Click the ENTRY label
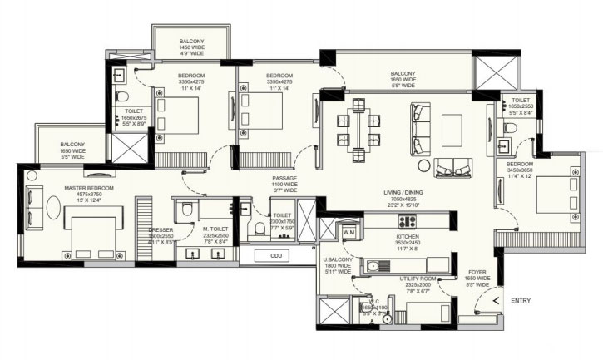pyautogui.click(x=521, y=300)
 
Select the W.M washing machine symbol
pyautogui.click(x=348, y=231)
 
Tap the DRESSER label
pyautogui.click(x=161, y=229)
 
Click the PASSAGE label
pyautogui.click(x=284, y=178)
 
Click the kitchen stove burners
pyautogui.click(x=408, y=221)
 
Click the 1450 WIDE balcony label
pyautogui.click(x=191, y=47)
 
